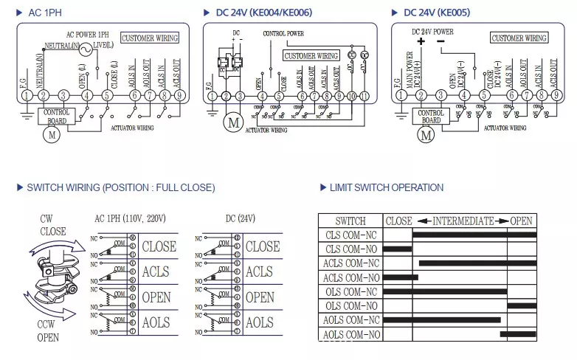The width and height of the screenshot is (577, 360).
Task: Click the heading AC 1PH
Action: [x=43, y=13]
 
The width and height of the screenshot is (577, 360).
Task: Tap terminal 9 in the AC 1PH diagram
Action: [x=179, y=95]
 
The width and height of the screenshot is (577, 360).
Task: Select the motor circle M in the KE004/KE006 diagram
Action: [x=233, y=122]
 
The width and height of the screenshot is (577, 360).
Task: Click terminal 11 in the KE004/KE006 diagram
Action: [x=364, y=96]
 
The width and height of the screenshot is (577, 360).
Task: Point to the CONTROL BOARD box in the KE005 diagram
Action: [x=431, y=117]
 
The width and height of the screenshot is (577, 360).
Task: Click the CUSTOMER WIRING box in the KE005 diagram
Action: [x=519, y=38]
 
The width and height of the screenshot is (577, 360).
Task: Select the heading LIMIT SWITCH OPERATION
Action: [x=386, y=187]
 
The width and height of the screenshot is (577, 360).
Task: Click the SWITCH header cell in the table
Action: [x=350, y=221]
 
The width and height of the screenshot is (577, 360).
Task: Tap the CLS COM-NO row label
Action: [x=350, y=249]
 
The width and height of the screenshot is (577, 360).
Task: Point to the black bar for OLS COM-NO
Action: [x=522, y=305]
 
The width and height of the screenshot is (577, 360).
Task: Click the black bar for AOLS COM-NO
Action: [x=518, y=334]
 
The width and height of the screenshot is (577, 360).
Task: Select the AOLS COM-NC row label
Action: [x=350, y=320]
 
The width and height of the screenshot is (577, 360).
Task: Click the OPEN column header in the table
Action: [x=522, y=221]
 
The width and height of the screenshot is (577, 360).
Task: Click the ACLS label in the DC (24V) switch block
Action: [x=259, y=272]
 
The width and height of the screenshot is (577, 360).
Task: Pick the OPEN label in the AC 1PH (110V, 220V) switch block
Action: [x=156, y=298]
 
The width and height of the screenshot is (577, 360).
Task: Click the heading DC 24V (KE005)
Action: [x=436, y=13]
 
